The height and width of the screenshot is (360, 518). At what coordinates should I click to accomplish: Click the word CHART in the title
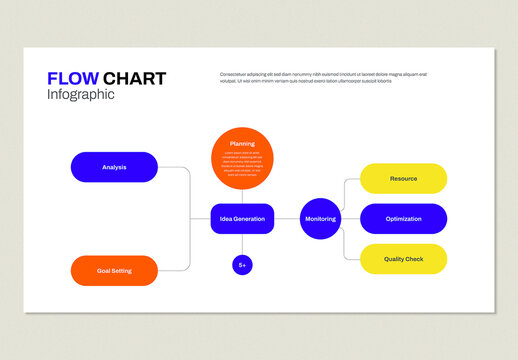point(135,79)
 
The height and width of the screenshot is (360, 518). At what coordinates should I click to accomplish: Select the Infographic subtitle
point(81,95)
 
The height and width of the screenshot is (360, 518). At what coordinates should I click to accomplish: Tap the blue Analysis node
point(114,167)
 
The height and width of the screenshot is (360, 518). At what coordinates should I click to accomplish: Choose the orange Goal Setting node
point(114,271)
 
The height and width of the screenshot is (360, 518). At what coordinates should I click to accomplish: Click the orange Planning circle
point(242,158)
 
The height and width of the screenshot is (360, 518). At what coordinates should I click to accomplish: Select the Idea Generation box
point(242,219)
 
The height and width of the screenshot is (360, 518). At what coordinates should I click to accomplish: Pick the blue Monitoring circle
point(320,219)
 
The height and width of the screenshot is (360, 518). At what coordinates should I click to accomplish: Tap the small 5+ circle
point(242,265)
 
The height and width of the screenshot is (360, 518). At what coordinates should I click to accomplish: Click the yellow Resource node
point(403,178)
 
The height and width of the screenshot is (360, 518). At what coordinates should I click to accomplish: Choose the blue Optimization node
point(403,219)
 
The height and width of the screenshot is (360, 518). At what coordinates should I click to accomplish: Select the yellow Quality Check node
point(403,259)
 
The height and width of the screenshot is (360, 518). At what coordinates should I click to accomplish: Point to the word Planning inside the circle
point(242,144)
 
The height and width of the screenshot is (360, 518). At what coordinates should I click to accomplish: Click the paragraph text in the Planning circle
point(242,163)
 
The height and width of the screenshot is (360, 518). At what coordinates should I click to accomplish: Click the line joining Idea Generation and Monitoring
point(287,219)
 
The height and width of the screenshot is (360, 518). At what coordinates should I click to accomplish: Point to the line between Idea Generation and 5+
point(242,245)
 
